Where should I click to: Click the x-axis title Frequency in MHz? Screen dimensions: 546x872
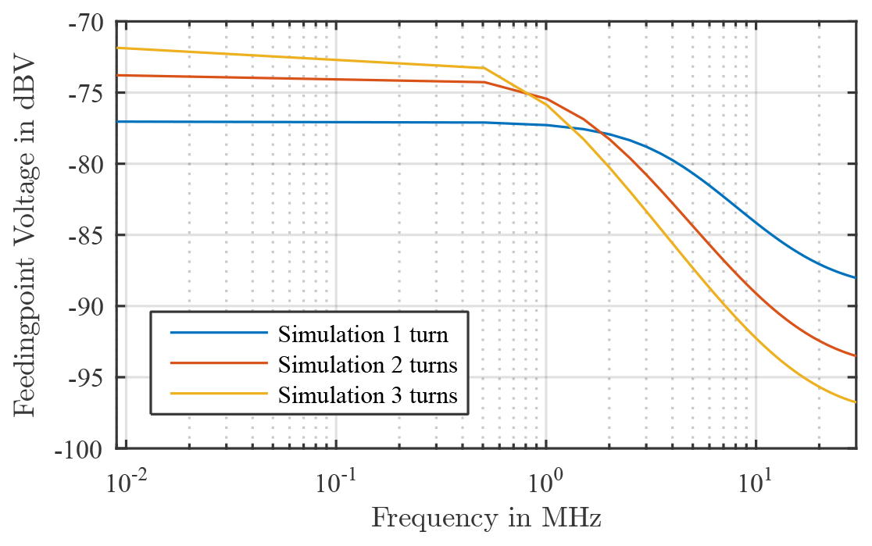pyautogui.click(x=486, y=518)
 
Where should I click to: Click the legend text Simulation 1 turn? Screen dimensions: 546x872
pyautogui.click(x=363, y=335)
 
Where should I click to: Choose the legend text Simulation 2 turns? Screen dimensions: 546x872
pyautogui.click(x=366, y=365)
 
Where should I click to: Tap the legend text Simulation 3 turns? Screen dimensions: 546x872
pyautogui.click(x=366, y=394)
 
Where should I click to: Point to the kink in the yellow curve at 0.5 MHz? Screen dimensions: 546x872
pyautogui.click(x=484, y=68)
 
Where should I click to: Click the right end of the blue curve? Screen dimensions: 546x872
pyautogui.click(x=856, y=278)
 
